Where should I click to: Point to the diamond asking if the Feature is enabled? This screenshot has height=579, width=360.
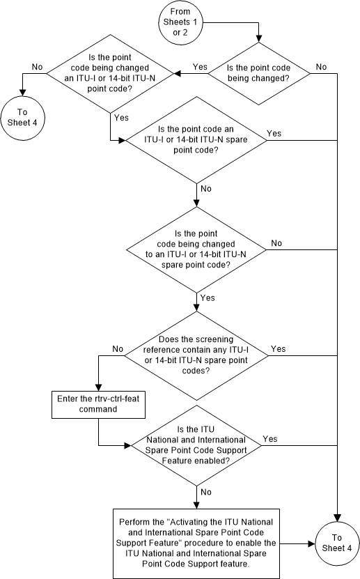196,445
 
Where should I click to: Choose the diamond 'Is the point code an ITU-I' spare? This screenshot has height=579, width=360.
196,139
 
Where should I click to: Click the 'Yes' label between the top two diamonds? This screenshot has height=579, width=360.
199,67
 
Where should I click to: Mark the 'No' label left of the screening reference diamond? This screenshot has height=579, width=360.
118,348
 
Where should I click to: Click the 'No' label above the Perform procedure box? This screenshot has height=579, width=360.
206,491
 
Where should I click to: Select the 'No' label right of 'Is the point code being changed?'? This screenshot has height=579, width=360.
321,67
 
